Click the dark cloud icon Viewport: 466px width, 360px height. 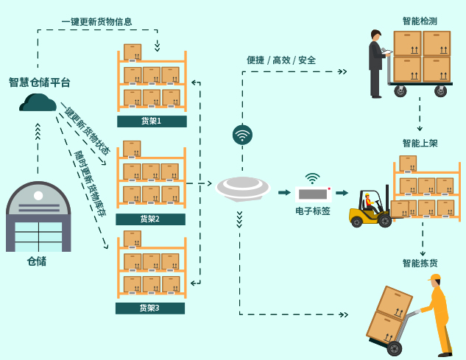(38, 103)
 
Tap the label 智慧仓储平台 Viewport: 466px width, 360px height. (40, 82)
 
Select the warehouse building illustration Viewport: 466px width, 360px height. (38, 216)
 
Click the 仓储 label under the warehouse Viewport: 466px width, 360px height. (37, 261)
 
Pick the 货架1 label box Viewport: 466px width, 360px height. (151, 121)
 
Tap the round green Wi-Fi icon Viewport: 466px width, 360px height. (242, 135)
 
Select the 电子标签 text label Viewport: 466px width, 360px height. (313, 211)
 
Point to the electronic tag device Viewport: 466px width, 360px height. (314, 194)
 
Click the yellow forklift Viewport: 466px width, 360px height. (370, 208)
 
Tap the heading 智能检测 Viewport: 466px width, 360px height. (420, 21)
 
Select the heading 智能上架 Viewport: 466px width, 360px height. (420, 143)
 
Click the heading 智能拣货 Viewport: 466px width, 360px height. (420, 263)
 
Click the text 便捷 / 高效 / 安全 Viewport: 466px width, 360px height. (281, 60)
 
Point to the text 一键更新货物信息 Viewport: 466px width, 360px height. (96, 21)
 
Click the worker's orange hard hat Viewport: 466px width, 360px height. (434, 278)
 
